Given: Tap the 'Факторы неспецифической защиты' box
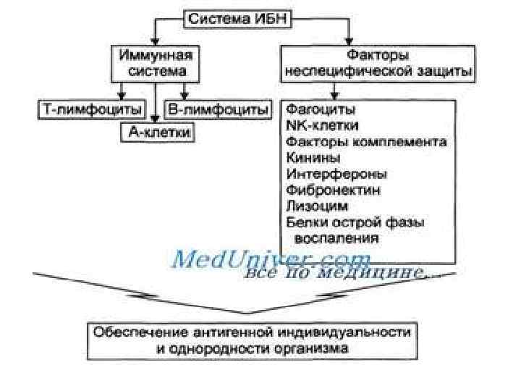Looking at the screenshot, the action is click(378, 64).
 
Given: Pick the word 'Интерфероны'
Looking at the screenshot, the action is click(336, 174).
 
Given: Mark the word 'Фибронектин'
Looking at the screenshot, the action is click(333, 190).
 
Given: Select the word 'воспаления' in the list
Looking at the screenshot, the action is click(336, 237).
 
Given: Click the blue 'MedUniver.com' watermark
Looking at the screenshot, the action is click(271, 258).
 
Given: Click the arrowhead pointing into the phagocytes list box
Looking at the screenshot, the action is click(334, 95).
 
